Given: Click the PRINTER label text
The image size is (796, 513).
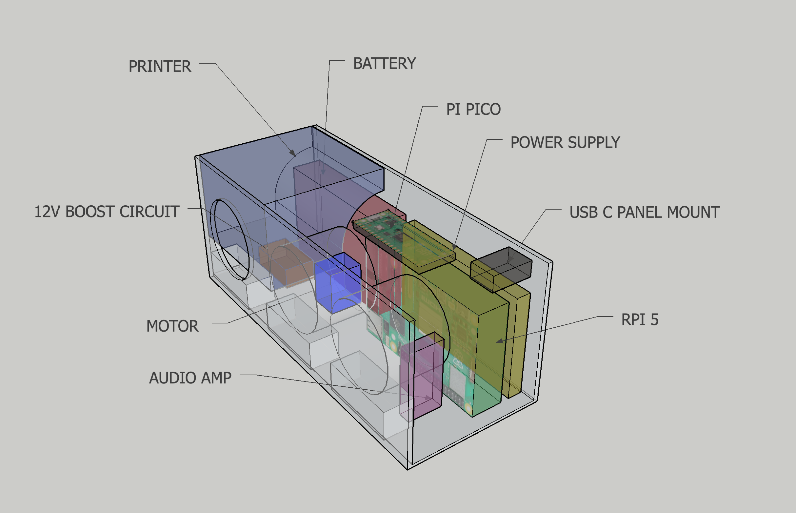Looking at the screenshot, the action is [x=160, y=66].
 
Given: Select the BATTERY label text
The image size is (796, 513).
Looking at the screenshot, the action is [x=385, y=63].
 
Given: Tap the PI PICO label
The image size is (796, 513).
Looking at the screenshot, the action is [x=473, y=109].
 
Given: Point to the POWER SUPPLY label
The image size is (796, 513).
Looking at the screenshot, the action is [x=565, y=142].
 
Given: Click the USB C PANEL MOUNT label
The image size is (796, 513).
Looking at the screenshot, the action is [x=645, y=212].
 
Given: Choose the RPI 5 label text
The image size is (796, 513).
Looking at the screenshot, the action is [x=640, y=319].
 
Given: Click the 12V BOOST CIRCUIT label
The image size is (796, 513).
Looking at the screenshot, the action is [x=107, y=212].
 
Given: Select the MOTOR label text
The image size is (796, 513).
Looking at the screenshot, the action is [x=172, y=326].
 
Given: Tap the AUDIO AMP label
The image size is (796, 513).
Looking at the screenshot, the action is [x=190, y=378].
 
